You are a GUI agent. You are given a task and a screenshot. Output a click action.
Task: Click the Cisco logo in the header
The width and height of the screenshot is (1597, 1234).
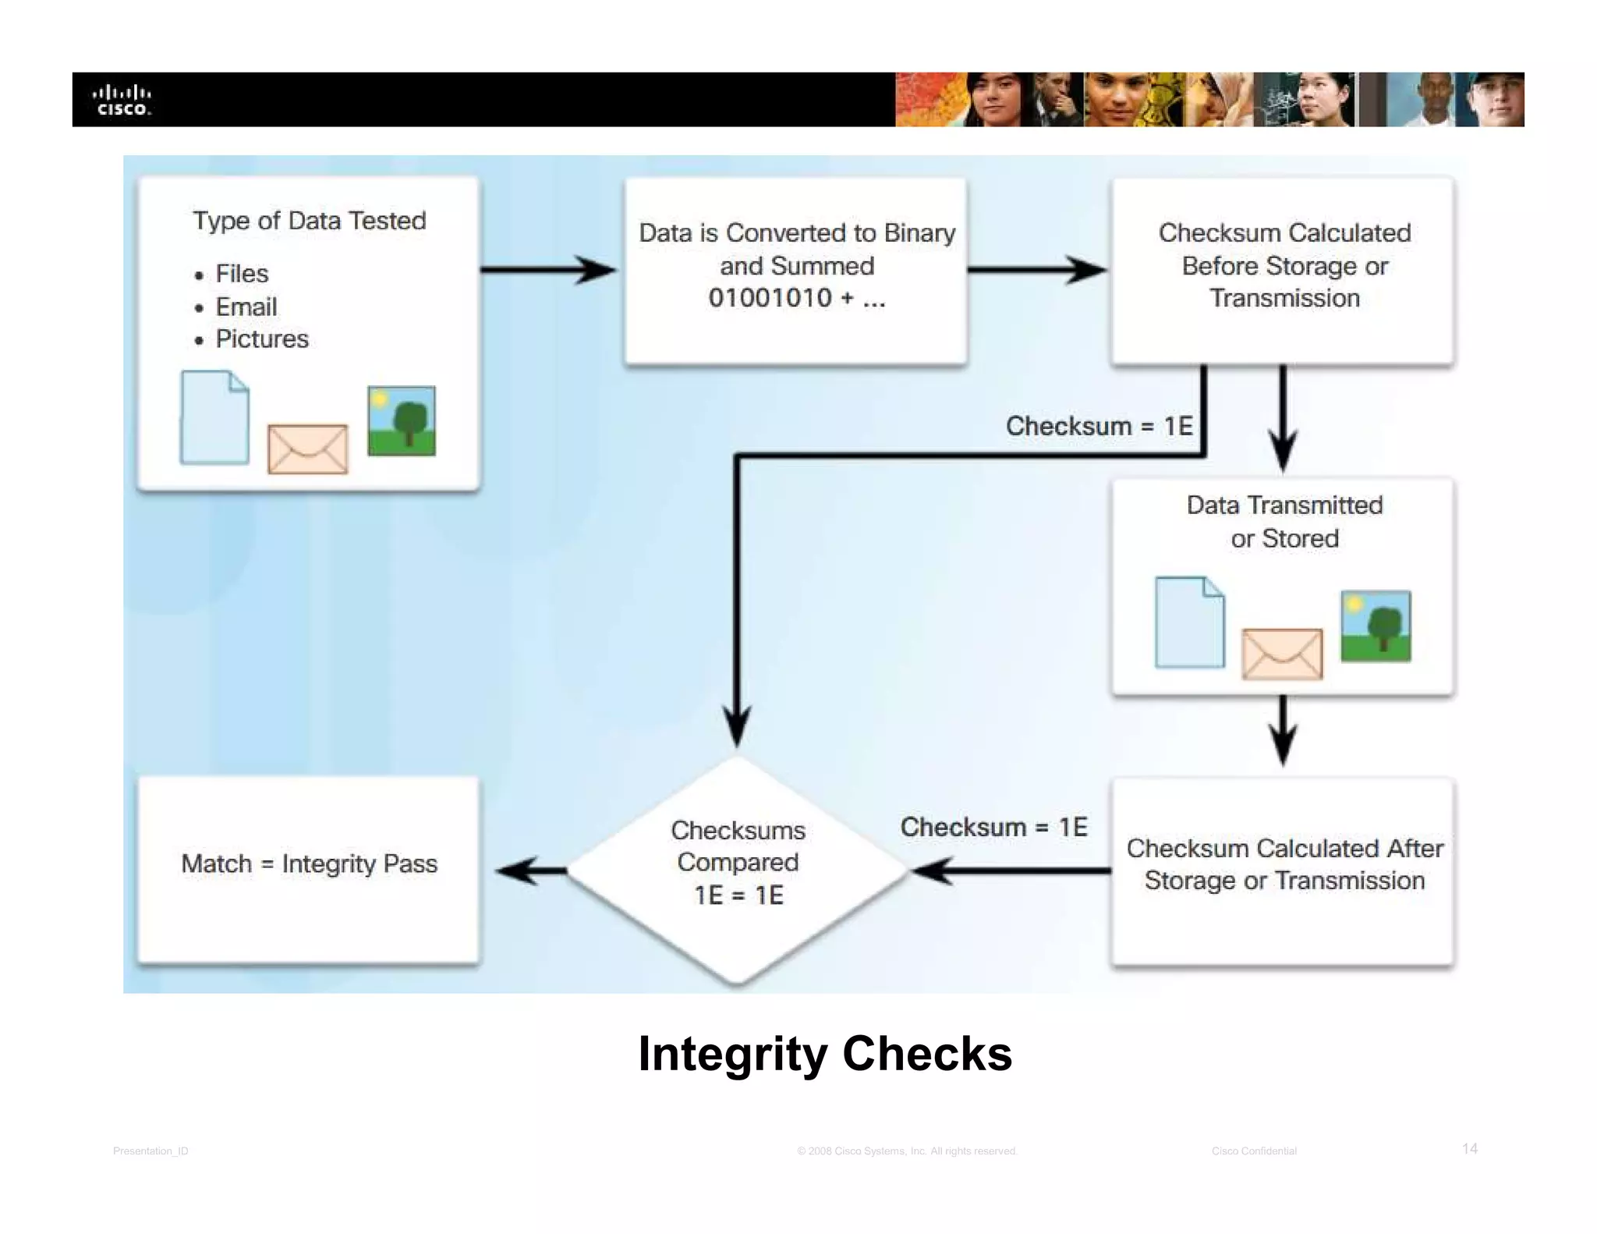[122, 101]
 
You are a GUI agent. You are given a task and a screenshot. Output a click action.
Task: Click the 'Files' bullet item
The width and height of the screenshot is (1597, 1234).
[241, 274]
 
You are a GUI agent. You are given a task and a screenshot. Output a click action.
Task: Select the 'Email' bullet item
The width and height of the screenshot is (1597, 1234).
[246, 307]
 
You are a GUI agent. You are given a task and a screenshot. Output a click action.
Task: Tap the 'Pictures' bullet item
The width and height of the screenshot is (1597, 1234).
[261, 339]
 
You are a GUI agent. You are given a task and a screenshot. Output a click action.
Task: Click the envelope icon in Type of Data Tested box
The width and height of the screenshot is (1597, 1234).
[307, 449]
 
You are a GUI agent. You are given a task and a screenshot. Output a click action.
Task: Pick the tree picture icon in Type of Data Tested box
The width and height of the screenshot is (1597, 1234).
[402, 421]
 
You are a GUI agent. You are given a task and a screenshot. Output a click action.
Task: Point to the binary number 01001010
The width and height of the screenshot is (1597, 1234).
[770, 298]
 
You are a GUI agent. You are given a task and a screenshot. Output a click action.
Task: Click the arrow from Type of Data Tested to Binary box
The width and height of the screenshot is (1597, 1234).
[548, 270]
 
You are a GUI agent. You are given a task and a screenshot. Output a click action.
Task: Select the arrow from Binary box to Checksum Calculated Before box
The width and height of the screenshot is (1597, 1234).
[1036, 270]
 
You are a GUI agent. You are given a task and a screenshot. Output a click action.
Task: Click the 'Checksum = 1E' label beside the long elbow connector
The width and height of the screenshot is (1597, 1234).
[1099, 426]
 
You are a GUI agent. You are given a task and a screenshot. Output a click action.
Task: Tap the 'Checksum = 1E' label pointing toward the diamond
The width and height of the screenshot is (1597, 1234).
[993, 827]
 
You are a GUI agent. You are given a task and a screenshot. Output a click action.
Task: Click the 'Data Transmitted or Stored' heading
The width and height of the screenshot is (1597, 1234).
[1284, 521]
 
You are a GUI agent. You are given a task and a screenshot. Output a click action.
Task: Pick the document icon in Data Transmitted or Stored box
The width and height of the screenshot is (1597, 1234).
[1189, 622]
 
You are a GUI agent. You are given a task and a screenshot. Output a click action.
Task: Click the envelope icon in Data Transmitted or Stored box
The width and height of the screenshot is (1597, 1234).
[1282, 654]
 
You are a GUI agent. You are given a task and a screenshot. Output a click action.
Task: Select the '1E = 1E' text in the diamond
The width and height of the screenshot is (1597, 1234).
[738, 895]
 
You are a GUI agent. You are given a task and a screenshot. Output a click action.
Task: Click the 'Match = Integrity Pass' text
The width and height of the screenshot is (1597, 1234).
[309, 863]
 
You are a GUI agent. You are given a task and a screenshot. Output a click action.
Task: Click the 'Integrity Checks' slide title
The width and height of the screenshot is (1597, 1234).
[824, 1054]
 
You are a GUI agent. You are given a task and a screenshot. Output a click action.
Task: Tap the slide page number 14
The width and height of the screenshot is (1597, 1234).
[1469, 1148]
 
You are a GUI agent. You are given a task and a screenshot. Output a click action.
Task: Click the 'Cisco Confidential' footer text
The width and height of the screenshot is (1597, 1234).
[1253, 1151]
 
